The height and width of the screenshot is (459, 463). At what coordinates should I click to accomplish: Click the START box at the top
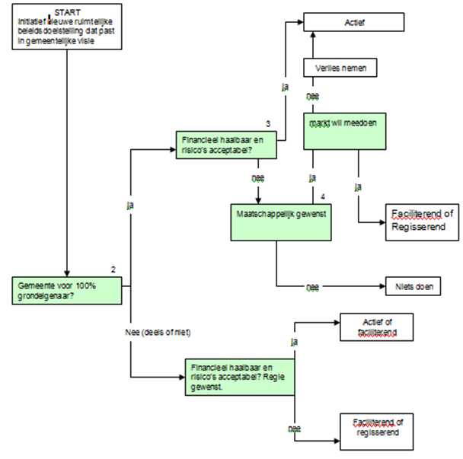(67, 27)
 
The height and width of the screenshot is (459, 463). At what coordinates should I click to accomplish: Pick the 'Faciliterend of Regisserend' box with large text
(421, 221)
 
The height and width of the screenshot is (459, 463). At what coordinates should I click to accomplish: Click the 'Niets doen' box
(420, 287)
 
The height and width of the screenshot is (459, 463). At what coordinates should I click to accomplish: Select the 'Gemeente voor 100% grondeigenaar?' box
(67, 290)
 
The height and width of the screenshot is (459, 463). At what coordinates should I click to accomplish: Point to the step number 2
(113, 269)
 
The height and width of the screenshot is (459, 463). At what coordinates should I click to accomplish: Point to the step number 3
(268, 123)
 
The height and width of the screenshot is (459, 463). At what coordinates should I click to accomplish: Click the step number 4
(323, 197)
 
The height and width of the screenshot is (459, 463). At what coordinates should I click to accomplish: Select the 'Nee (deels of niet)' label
(158, 333)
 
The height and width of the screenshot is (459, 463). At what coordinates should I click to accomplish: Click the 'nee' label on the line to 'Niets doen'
(312, 288)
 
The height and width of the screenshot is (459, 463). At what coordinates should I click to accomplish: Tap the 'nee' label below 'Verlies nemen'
(311, 96)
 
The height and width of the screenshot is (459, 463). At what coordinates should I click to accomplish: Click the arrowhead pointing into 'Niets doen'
(382, 287)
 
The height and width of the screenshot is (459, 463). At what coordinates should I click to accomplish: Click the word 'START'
(69, 13)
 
